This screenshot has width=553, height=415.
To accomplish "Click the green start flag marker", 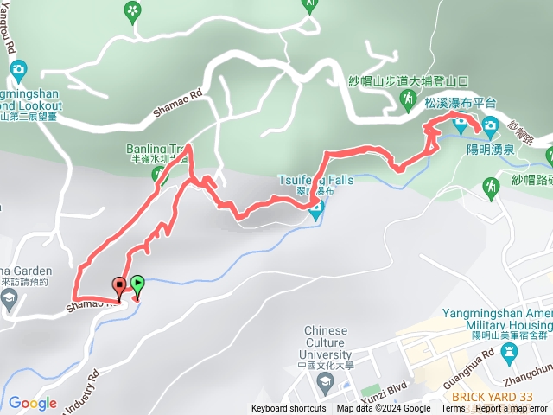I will click(137, 283).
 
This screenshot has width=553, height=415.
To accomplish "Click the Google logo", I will click(32, 403).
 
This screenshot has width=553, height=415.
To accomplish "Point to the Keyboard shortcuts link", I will click(289, 409).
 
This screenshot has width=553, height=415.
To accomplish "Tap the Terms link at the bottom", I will click(452, 409).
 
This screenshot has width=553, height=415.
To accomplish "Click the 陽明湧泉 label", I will click(485, 149).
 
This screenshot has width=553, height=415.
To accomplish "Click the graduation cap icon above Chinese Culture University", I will click(325, 310).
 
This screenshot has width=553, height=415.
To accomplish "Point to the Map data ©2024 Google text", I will click(384, 409).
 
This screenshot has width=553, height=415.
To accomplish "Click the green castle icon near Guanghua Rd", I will click(508, 351).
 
